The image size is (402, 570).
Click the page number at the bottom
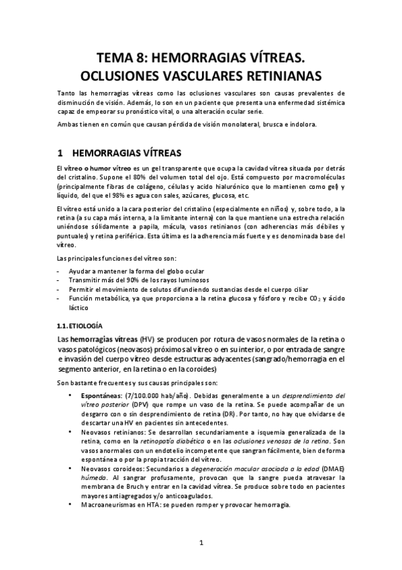(x=201, y=542)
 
